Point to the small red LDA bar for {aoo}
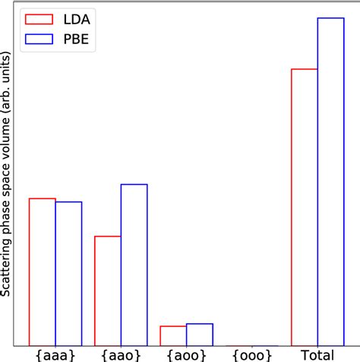click(173, 335)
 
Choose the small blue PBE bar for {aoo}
click(199, 334)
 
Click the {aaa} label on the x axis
click(55, 354)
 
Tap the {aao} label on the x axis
click(121, 354)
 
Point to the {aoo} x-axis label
click(186, 354)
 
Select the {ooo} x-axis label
click(251, 354)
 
